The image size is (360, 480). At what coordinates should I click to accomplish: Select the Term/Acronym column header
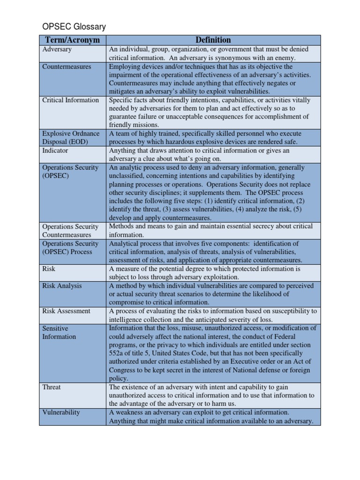(73, 40)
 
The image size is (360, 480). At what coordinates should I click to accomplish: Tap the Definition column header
(213, 40)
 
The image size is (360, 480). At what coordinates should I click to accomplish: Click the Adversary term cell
(57, 49)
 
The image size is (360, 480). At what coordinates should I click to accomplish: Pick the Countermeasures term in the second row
(67, 67)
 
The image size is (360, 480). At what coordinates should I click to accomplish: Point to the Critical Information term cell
(71, 100)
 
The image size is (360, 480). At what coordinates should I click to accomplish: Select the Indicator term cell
(55, 150)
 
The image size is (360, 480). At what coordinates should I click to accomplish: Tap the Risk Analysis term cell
(62, 285)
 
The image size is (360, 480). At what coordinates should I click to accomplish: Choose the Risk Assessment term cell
(67, 311)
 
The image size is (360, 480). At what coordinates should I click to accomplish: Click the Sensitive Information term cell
(59, 332)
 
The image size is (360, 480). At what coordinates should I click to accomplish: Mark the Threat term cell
(52, 387)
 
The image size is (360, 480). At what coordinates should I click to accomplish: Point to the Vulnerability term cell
(61, 412)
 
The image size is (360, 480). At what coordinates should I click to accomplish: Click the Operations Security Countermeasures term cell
(70, 231)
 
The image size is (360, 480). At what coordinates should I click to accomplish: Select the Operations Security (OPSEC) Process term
(70, 247)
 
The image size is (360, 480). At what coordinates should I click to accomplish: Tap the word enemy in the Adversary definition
(285, 58)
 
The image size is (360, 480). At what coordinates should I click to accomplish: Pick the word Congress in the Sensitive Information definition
(123, 370)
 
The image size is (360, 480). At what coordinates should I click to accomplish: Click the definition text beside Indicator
(199, 155)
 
